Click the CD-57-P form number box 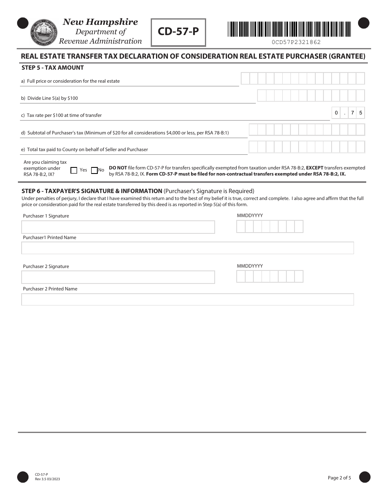click(178, 32)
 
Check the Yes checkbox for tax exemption click(74, 170)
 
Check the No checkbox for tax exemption click(95, 170)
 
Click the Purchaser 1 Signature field click(118, 227)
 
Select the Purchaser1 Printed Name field click(187, 248)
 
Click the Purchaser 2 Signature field click(118, 277)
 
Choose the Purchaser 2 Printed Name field click(187, 299)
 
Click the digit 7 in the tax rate click(353, 113)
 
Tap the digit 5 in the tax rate click(361, 113)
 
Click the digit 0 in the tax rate click(336, 113)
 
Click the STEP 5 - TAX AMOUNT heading click(53, 68)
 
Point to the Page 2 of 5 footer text click(339, 478)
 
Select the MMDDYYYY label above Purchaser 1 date click(250, 215)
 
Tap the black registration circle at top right click(363, 23)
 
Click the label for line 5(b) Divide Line click(49, 98)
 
